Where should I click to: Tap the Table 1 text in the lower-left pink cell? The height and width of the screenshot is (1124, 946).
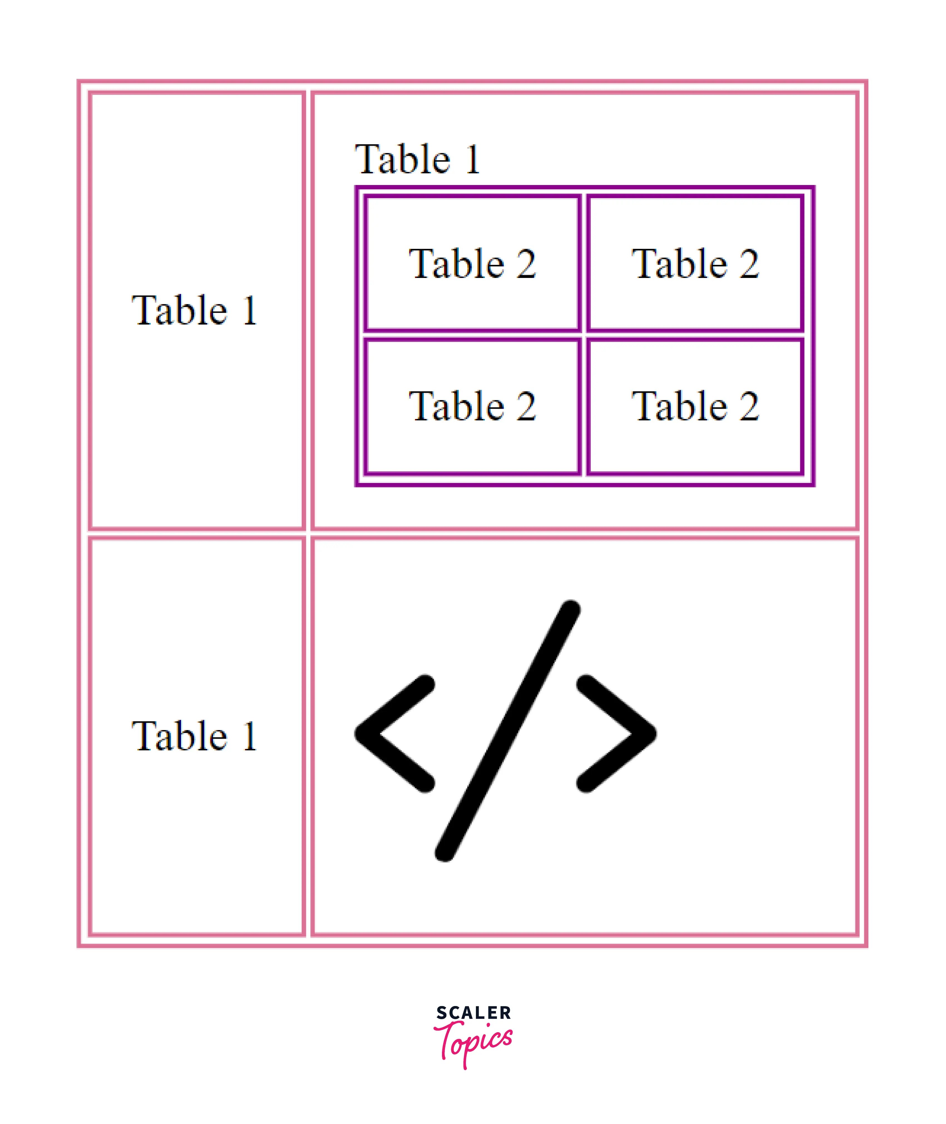click(x=194, y=736)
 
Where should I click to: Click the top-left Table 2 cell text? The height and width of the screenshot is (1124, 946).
click(x=472, y=264)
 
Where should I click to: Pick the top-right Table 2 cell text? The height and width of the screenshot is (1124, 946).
click(x=695, y=264)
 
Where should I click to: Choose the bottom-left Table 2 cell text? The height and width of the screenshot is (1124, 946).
click(x=472, y=406)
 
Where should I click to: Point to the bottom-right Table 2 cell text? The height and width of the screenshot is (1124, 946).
click(x=695, y=406)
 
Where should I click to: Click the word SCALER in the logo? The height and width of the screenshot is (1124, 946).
click(x=473, y=1013)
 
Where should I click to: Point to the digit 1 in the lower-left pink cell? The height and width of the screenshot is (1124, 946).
click(x=250, y=736)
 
